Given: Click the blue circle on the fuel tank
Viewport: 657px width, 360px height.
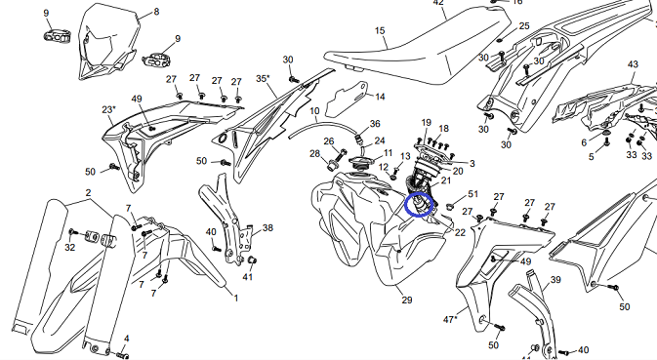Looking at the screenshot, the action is tap(405, 206).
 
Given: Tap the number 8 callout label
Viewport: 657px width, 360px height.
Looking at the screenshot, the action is tap(156, 12).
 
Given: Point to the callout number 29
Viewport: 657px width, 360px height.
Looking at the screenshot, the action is tap(407, 300).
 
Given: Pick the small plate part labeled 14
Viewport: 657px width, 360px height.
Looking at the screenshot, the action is tap(347, 100).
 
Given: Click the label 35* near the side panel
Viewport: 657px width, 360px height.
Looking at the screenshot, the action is tap(263, 79).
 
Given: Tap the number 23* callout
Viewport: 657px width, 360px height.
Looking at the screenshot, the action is tap(108, 109).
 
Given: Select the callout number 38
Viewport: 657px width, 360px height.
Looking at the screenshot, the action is tap(267, 227).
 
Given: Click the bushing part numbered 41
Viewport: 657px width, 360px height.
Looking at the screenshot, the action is tap(252, 260).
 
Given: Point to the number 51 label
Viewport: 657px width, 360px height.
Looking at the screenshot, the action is tap(472, 194).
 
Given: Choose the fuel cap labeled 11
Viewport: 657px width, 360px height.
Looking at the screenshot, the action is tap(360, 161).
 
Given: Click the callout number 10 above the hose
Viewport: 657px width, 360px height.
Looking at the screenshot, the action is tap(314, 111).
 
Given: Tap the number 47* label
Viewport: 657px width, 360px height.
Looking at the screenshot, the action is tap(450, 319).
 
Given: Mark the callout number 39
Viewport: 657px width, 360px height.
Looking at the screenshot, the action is tap(555, 279).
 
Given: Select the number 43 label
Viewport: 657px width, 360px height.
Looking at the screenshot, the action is tap(633, 64).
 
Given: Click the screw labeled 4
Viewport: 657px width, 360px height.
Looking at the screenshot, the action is tap(122, 354).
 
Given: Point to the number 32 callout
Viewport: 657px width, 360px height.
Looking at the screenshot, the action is tap(70, 248).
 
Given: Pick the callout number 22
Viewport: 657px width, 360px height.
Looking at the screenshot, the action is tap(460, 232).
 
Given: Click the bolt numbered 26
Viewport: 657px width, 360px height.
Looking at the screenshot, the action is tap(342, 154).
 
